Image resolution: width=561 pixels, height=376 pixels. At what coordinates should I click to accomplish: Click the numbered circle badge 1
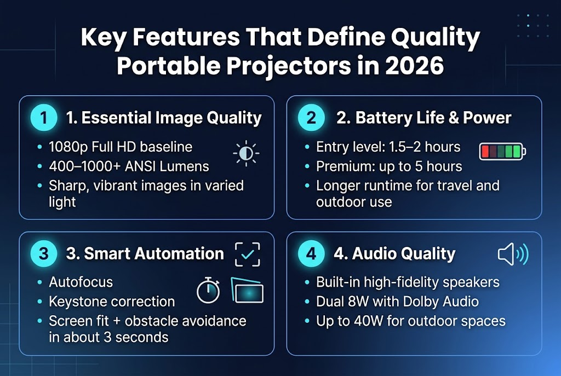coord(44,118)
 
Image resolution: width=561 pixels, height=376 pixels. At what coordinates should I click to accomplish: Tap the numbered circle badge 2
coord(311,118)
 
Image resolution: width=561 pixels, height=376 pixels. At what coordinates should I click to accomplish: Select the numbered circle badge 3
coord(44,253)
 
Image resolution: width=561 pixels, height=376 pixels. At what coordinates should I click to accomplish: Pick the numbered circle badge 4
coord(311,253)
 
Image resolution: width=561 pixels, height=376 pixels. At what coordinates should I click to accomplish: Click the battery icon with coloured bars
coord(502,151)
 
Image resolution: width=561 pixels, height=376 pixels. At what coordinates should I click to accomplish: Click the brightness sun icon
coord(246,153)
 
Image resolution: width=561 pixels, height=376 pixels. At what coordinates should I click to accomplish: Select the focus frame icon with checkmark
coord(247,254)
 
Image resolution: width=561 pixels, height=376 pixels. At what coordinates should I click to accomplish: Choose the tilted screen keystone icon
coord(247,291)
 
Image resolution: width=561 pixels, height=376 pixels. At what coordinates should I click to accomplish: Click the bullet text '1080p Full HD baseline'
coord(121,147)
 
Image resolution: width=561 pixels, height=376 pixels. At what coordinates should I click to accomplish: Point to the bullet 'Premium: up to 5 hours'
coord(389,166)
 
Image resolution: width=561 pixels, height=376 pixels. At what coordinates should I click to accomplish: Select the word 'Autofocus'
coord(81,282)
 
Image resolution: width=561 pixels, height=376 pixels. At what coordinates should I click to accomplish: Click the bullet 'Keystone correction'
coord(112,302)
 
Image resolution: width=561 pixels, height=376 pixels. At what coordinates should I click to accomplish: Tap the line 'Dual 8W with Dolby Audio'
coord(397,302)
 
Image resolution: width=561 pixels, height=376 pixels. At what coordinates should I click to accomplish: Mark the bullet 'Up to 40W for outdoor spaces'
coord(410,321)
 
